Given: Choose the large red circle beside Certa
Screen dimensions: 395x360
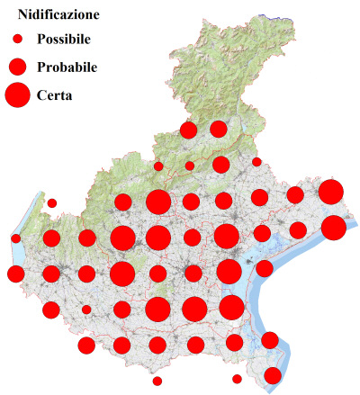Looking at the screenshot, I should (x=17, y=94).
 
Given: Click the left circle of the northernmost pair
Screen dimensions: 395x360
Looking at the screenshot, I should (x=188, y=130).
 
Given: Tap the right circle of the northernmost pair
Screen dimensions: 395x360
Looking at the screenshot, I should (x=219, y=130).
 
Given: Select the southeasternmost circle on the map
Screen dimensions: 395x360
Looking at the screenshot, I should (x=272, y=375).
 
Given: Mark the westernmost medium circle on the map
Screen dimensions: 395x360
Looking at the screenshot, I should (x=15, y=274).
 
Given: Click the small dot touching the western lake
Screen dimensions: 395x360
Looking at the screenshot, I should (x=16, y=238).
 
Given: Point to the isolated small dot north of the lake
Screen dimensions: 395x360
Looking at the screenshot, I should (x=52, y=202).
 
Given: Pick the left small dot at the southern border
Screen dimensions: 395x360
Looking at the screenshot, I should (x=157, y=381).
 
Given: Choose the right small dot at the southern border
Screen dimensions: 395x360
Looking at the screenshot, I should (x=237, y=379).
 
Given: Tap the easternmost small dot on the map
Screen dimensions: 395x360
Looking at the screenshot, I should (x=256, y=162).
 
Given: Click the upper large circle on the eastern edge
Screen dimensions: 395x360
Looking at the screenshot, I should (x=330, y=192).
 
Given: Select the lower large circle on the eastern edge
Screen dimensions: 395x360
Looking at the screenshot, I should (x=333, y=228).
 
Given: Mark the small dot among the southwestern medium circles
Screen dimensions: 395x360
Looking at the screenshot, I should (x=86, y=310).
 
